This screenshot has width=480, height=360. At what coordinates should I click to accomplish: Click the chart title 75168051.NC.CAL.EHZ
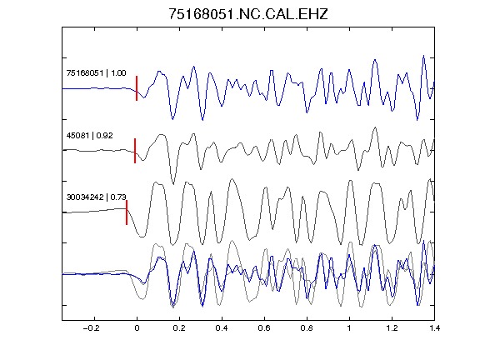coord(248,14)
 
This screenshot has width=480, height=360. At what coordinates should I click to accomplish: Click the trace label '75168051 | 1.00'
coord(96,73)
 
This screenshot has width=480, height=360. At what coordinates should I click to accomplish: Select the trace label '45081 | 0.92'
coord(90,135)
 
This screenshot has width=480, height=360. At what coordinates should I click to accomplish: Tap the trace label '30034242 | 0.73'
coord(97,197)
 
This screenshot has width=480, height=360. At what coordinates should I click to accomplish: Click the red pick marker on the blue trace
coord(137,88)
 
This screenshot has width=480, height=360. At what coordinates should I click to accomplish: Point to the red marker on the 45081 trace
coord(135,151)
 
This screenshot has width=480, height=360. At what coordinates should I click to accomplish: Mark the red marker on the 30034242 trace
coord(127,212)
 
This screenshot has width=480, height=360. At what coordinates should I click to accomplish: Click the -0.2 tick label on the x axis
coord(91,328)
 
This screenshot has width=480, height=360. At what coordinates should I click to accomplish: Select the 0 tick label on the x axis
coord(137,328)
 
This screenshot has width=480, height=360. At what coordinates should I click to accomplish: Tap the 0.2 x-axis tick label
coord(179,328)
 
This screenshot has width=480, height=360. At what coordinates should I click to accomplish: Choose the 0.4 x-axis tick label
coord(222,328)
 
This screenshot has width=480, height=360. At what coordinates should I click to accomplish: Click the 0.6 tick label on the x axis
coord(264,328)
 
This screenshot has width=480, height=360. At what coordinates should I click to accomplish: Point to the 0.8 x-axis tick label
coord(307,328)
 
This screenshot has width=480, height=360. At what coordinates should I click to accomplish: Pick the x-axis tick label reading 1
coord(349,328)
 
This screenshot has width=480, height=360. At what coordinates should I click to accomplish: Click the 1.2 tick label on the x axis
coord(392,328)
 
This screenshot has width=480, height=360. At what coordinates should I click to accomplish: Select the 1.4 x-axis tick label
coord(434,328)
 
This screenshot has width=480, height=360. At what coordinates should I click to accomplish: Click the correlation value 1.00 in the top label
coord(118,73)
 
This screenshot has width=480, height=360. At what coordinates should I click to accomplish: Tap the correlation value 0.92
coord(105,135)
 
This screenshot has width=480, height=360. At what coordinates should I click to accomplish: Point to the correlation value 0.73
coord(118,197)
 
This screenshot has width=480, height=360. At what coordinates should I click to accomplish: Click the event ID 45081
coord(77,135)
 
